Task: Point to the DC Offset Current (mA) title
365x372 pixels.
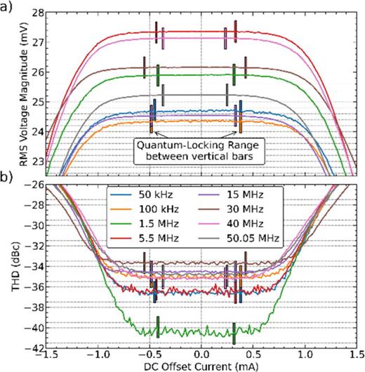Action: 201,365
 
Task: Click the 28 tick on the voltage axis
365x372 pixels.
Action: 38,13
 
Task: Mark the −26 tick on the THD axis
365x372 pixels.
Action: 35,185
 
